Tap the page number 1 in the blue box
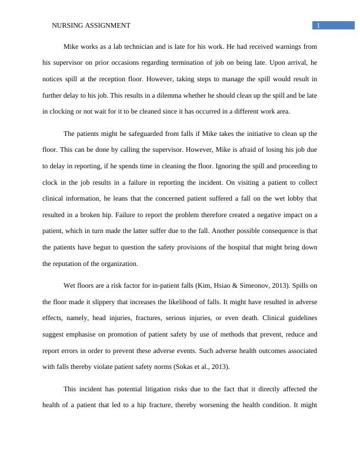318,25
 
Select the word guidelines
299,318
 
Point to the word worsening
227,405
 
